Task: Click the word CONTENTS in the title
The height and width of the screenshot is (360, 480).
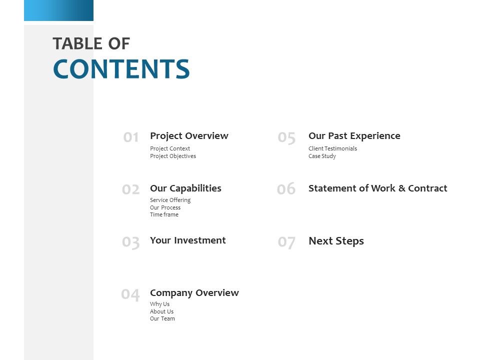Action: (x=121, y=69)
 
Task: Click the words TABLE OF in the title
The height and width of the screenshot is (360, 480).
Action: (x=91, y=44)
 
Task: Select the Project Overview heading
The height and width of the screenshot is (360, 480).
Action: (x=189, y=136)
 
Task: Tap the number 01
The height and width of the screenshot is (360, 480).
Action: (x=131, y=137)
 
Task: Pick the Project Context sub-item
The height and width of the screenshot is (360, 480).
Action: (x=170, y=148)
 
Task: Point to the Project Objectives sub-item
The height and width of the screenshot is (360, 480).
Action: (x=173, y=156)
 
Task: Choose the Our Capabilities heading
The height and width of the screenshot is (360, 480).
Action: (x=185, y=188)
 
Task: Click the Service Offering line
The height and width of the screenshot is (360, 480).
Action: (x=170, y=200)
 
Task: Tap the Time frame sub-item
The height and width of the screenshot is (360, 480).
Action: (x=164, y=214)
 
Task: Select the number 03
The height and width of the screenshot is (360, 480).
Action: (x=131, y=242)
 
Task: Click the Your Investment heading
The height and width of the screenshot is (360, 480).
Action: (x=187, y=240)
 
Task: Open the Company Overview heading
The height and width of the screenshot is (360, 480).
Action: (x=194, y=293)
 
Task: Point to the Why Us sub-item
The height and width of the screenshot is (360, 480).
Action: (x=159, y=304)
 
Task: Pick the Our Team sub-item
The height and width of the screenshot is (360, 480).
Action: (x=162, y=318)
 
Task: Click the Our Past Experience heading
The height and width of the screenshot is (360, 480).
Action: (x=354, y=136)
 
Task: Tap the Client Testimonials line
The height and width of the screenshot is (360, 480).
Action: (x=332, y=148)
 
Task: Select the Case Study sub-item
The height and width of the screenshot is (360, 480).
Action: (x=322, y=156)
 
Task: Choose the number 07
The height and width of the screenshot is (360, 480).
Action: (x=286, y=242)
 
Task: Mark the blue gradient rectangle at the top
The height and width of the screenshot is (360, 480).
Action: (x=58, y=10)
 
